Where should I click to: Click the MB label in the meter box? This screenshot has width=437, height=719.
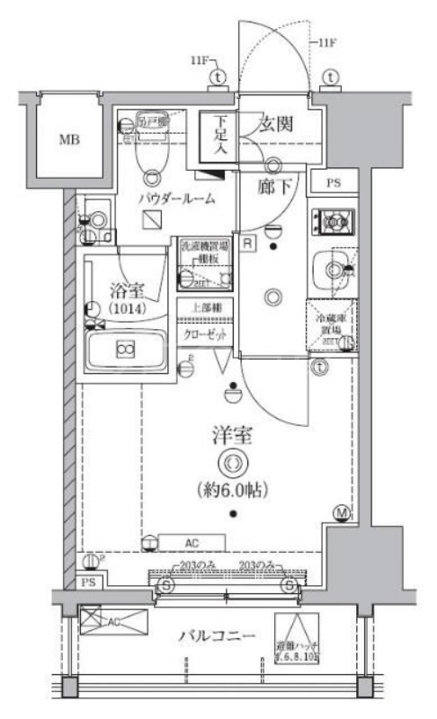(x=68, y=139)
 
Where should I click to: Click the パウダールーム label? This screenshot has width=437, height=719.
(x=176, y=198)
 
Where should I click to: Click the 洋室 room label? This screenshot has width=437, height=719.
(x=232, y=438)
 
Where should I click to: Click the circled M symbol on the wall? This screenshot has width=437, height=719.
(x=341, y=514)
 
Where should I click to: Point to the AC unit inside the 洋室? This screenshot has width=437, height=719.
(x=191, y=541)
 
